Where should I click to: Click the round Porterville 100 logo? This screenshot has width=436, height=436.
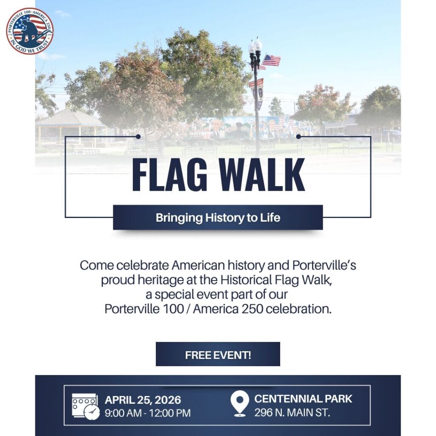(x=30, y=31)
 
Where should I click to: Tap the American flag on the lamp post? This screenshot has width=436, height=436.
(x=271, y=60)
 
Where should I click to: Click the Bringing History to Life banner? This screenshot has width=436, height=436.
(x=218, y=218)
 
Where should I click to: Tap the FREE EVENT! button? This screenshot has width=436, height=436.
(x=218, y=354)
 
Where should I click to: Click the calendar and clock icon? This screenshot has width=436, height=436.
(x=86, y=406)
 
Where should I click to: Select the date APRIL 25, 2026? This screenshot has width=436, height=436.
(x=143, y=400)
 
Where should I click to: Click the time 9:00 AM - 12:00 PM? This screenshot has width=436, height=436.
(x=148, y=413)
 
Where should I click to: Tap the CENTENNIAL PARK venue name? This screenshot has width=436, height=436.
(x=303, y=399)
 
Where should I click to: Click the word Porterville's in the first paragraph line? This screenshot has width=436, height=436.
(x=324, y=265)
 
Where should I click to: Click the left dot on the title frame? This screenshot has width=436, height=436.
(x=138, y=137)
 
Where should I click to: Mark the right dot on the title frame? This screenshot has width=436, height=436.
(x=298, y=137)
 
